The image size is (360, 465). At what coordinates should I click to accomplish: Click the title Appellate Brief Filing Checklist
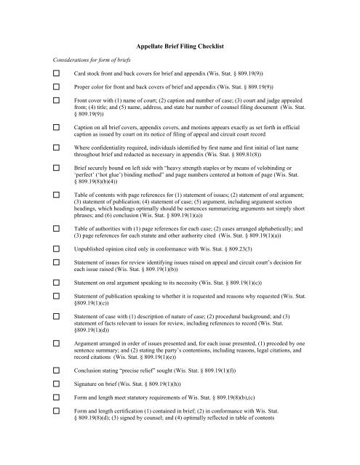(180, 46)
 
